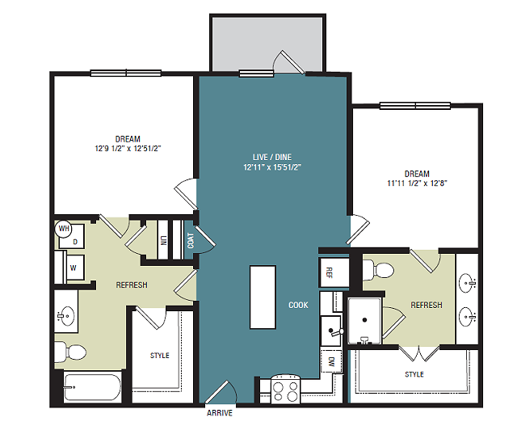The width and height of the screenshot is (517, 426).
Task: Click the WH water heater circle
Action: click(64, 229)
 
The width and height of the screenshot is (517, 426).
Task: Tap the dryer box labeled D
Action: click(75, 241)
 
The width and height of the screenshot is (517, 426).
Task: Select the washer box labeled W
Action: click(73, 265)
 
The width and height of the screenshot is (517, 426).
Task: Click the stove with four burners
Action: click(285, 390)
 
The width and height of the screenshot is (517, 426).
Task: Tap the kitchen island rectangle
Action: click(263, 297)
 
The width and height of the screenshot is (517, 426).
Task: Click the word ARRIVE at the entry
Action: click(220, 412)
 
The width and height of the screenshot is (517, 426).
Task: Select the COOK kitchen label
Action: click(299, 305)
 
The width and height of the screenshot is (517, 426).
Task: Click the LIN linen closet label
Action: click(163, 241)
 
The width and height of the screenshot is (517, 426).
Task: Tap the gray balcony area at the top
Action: click(267, 43)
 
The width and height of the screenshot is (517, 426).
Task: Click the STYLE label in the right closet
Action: click(414, 374)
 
